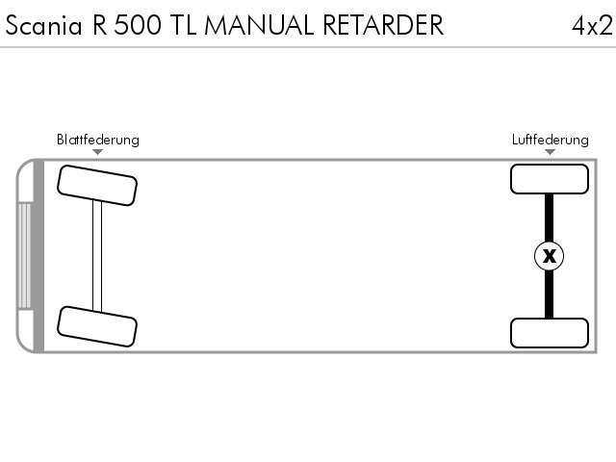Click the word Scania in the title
coord(43,26)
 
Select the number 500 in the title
coord(138,26)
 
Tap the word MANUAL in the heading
coord(259,26)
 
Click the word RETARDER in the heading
coord(383,26)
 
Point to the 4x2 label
coord(592,26)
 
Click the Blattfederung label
coord(98,140)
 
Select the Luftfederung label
coord(550,140)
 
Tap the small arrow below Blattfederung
coord(98,152)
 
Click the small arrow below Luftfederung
coord(550,152)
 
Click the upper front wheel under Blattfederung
coord(97,186)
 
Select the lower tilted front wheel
coord(97,326)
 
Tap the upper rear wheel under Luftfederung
coord(550,179)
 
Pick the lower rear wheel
coord(550,333)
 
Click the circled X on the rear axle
coord(550,256)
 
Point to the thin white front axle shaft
coord(97,256)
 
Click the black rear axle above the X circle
coord(549,218)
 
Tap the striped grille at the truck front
coord(24,255)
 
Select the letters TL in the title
coord(184,26)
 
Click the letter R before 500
coord(100,26)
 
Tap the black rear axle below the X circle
coord(549,295)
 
